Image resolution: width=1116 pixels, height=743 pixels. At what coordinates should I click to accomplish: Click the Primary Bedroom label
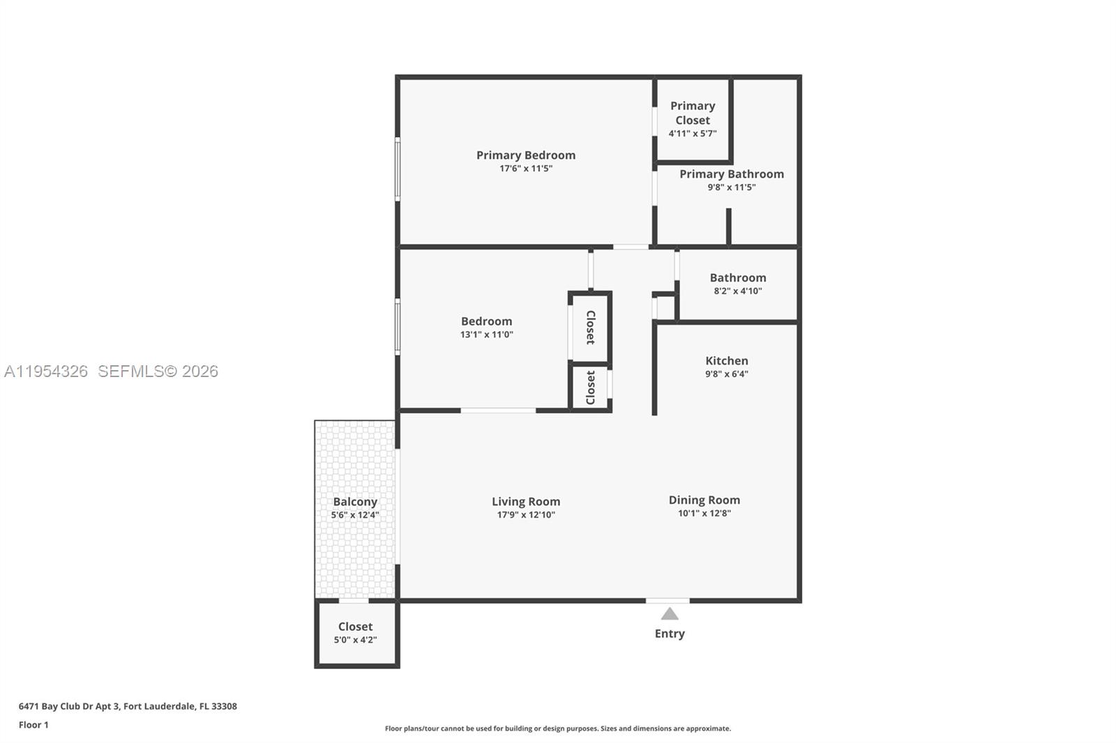pyautogui.click(x=526, y=155)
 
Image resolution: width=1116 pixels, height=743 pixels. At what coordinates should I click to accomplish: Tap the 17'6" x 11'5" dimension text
pyautogui.click(x=526, y=169)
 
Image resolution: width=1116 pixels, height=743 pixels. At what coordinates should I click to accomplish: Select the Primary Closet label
pyautogui.click(x=693, y=113)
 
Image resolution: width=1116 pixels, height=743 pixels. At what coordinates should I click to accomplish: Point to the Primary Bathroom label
pyautogui.click(x=732, y=174)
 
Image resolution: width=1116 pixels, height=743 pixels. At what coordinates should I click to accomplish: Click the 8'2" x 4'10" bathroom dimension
pyautogui.click(x=738, y=291)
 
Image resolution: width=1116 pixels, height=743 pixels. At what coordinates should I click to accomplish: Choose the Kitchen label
pyautogui.click(x=727, y=361)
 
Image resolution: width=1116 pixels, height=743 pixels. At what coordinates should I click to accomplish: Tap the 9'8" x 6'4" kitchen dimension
pyautogui.click(x=727, y=374)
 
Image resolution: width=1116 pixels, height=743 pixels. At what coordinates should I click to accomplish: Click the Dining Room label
pyautogui.click(x=704, y=500)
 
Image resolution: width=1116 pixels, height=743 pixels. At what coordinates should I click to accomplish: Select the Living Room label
pyautogui.click(x=526, y=502)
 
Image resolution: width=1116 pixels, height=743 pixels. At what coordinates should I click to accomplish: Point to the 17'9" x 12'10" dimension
pyautogui.click(x=526, y=515)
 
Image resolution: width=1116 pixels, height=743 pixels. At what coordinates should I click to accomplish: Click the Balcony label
pyautogui.click(x=355, y=502)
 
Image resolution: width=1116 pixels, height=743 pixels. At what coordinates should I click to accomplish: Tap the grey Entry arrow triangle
pyautogui.click(x=670, y=614)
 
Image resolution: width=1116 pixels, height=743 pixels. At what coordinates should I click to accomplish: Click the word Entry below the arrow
pyautogui.click(x=670, y=634)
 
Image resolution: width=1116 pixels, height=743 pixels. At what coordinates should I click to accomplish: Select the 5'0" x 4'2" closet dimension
pyautogui.click(x=355, y=640)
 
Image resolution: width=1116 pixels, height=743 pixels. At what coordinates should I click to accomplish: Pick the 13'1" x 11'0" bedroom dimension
pyautogui.click(x=486, y=335)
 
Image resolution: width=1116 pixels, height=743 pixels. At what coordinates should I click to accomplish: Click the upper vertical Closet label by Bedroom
pyautogui.click(x=591, y=328)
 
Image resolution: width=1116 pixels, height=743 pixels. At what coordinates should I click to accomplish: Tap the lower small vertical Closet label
pyautogui.click(x=591, y=388)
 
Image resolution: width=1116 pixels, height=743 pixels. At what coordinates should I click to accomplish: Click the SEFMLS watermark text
pyautogui.click(x=158, y=371)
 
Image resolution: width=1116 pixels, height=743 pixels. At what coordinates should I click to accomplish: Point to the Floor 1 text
pyautogui.click(x=33, y=725)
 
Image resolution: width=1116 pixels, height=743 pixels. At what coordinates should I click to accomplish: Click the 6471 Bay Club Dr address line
pyautogui.click(x=128, y=706)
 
